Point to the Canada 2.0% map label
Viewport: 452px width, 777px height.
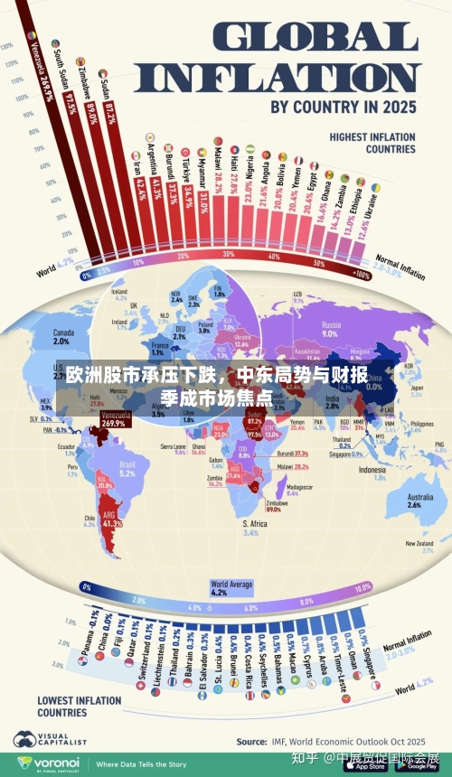pyautogui.click(x=62, y=336)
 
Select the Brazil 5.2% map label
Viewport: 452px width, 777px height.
pyautogui.click(x=127, y=468)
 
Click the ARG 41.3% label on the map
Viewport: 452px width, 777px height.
pyautogui.click(x=112, y=519)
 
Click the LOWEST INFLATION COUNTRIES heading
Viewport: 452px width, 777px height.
pyautogui.click(x=79, y=705)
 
